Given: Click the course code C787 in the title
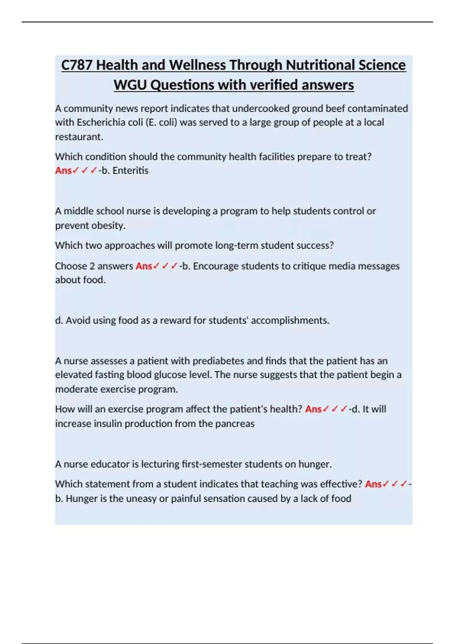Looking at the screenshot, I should pyautogui.click(x=77, y=65).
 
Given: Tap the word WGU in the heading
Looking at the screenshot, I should pyautogui.click(x=130, y=85).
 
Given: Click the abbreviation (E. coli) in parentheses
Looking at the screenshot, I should pyautogui.click(x=161, y=122).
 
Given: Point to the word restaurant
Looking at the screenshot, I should pyautogui.click(x=79, y=137).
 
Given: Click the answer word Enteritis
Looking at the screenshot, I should pyautogui.click(x=130, y=170).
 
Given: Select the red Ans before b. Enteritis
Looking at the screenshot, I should pyautogui.click(x=63, y=170).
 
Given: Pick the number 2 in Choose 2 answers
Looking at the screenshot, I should pyautogui.click(x=92, y=266).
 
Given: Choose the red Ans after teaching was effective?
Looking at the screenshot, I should pyautogui.click(x=373, y=484).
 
